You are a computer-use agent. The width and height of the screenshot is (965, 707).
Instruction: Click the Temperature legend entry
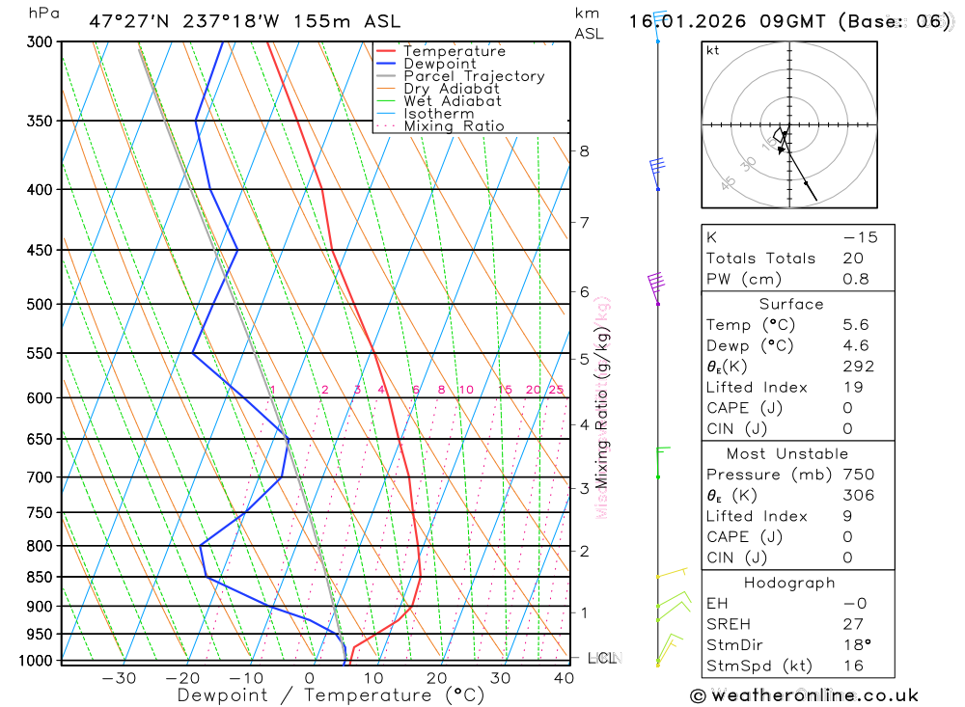[454, 51]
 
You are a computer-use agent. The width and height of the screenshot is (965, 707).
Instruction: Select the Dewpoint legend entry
[439, 64]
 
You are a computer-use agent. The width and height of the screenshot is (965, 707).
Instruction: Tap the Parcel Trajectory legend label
[474, 76]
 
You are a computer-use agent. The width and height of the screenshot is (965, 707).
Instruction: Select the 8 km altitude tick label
[584, 150]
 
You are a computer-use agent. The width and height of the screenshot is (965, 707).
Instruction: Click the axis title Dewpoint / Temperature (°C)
[331, 694]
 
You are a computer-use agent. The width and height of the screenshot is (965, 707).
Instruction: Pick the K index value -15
[860, 237]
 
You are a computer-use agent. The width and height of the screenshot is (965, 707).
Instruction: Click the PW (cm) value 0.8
[856, 279]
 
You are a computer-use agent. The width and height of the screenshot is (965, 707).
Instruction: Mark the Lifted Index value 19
[852, 387]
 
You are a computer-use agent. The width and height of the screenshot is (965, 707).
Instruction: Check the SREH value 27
[852, 624]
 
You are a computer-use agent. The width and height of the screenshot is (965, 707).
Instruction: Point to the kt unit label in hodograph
[713, 50]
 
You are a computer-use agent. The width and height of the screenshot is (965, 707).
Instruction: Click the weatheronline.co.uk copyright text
[804, 695]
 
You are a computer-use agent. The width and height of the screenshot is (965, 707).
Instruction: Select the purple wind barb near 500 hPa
[657, 284]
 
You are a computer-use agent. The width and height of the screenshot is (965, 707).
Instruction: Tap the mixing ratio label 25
[556, 390]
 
